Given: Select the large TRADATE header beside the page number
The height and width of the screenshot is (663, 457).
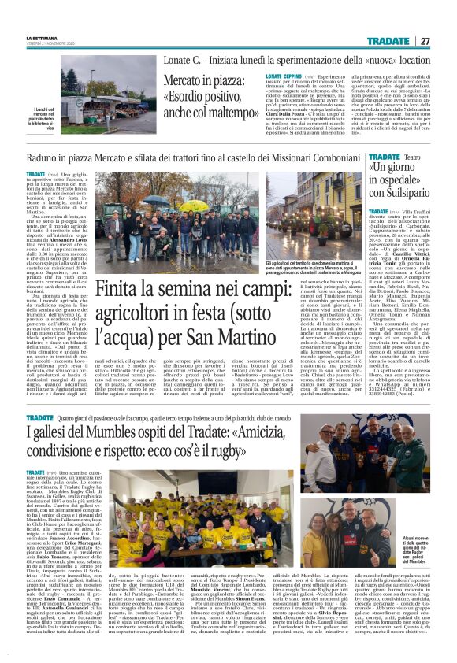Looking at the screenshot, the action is [x=386, y=41].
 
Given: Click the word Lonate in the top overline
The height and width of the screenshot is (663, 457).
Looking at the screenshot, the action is [x=179, y=61].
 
